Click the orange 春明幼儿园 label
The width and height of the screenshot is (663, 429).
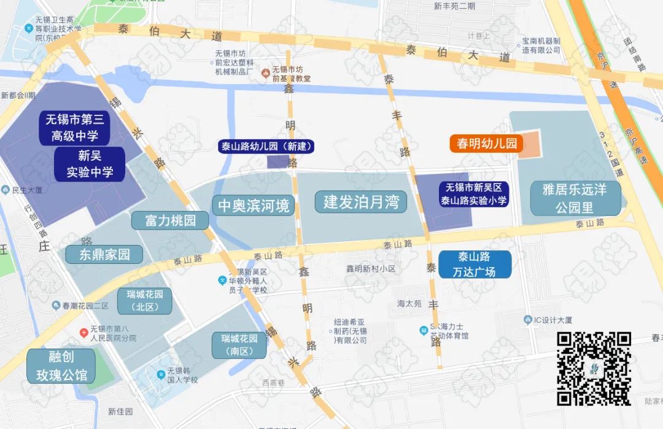pos(486,144)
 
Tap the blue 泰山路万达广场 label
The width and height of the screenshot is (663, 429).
pos(474,264)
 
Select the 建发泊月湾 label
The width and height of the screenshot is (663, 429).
pos(361,201)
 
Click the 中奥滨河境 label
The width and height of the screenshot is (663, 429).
pos(253,205)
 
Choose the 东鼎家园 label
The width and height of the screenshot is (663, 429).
pos(104,254)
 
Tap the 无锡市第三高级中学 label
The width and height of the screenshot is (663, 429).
pos(75,128)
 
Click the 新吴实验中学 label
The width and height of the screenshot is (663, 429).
pos(90,164)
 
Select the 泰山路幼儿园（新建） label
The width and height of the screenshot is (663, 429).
pos(267,146)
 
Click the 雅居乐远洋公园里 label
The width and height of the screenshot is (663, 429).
pos(575,198)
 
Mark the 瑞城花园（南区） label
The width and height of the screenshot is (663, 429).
pos(239,345)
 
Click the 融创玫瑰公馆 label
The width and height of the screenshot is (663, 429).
pos(60,366)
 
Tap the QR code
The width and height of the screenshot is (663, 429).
pos(594,368)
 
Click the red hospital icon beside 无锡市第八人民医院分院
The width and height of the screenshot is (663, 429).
pos(84,332)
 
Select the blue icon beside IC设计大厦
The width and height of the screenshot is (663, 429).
pos(527,320)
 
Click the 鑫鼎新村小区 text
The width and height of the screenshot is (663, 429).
pos(370,269)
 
